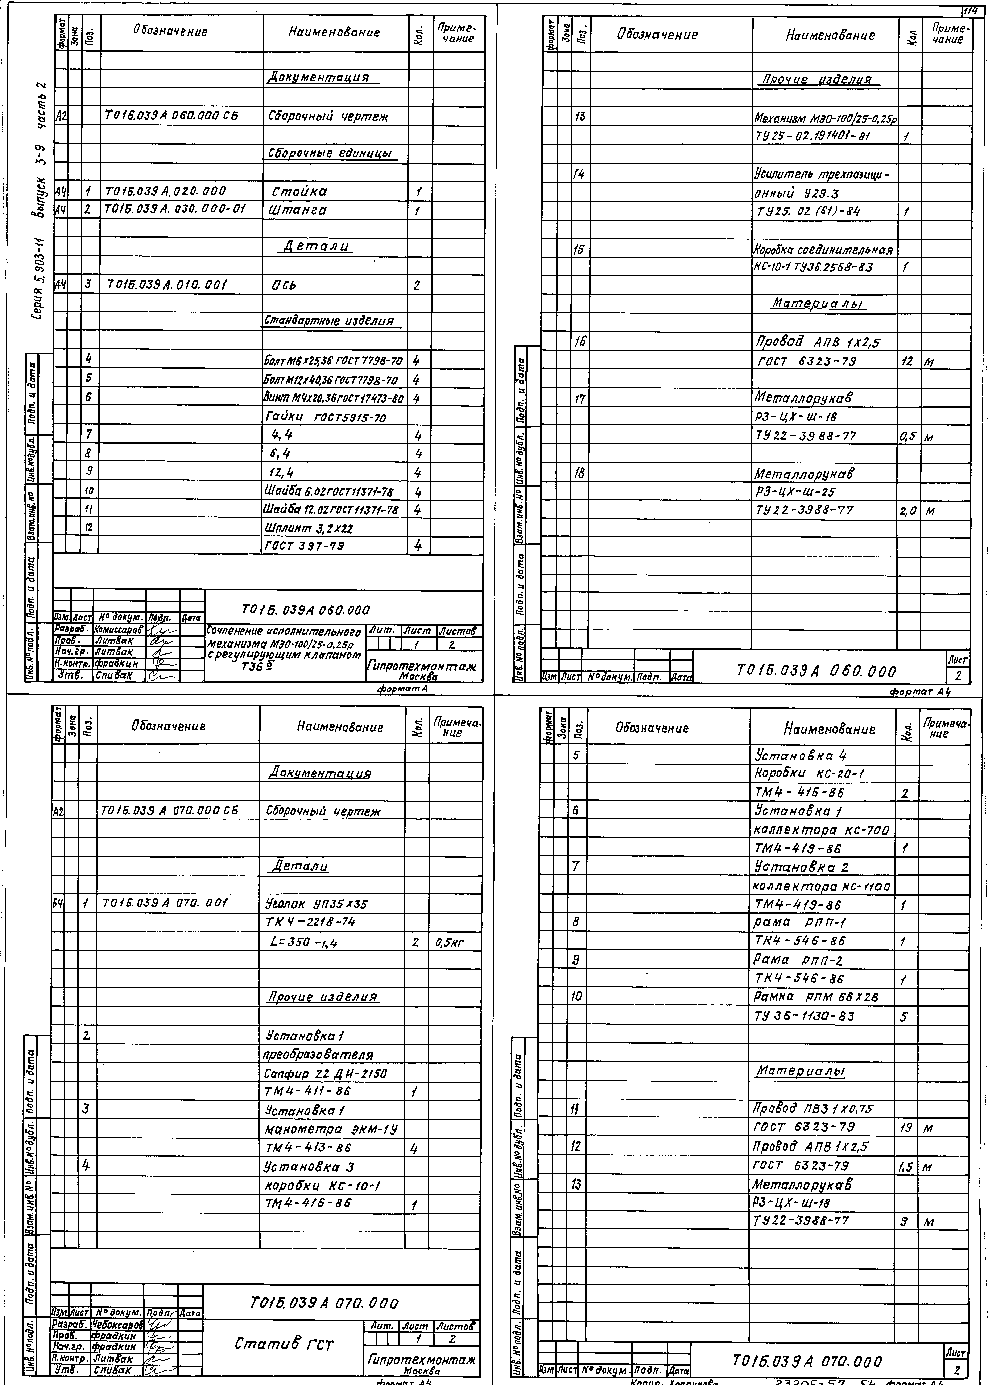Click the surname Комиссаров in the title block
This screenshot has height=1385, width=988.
coord(119,629)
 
